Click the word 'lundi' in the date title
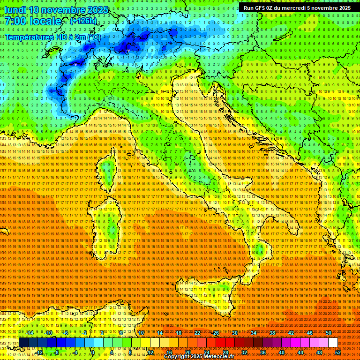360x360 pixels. coord(15,9)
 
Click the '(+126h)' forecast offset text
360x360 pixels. coord(83,21)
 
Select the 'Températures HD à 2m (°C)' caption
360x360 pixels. coord(53,37)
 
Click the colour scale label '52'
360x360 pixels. coord(338,352)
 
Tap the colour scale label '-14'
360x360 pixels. coord(29,332)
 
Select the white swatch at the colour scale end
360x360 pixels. coord(333,343)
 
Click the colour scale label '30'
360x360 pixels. coord(234,332)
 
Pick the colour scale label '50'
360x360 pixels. coord(329,332)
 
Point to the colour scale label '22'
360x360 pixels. coord(197,332)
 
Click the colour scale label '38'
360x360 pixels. coord(272,332)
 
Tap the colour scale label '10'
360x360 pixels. coord(141,332)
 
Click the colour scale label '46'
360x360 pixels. coord(309,332)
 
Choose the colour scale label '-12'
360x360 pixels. coord(39,352)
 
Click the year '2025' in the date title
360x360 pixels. coord(98,9)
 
